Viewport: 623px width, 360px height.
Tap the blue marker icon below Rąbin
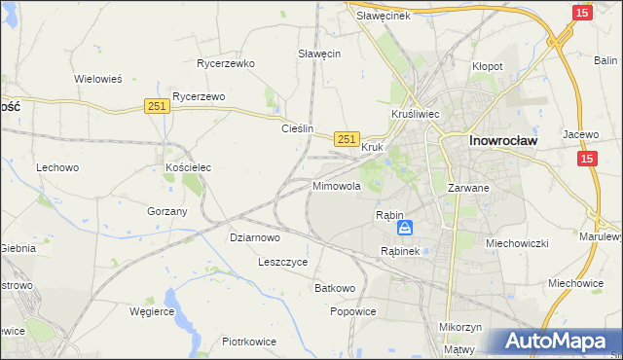pyautogui.click(x=404, y=229)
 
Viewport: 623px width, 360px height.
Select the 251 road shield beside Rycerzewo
pyautogui.click(x=158, y=106)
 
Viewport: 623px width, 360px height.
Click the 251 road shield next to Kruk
pyautogui.click(x=347, y=140)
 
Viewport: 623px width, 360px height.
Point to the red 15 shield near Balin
pyautogui.click(x=581, y=12)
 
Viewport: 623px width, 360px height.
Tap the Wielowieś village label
pyautogui.click(x=97, y=79)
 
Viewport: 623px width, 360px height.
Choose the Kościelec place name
pyautogui.click(x=189, y=167)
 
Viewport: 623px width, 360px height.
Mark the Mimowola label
pyautogui.click(x=337, y=185)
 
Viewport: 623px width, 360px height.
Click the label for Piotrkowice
pyautogui.click(x=249, y=342)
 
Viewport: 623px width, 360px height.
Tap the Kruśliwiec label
pyautogui.click(x=416, y=114)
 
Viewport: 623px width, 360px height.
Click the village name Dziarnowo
pyautogui.click(x=255, y=236)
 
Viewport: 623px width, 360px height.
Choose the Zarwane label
pyautogui.click(x=467, y=187)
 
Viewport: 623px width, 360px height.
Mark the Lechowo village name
pyautogui.click(x=57, y=167)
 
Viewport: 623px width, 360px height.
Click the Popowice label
pyautogui.click(x=352, y=311)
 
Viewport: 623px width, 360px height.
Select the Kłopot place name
pyautogui.click(x=487, y=66)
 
